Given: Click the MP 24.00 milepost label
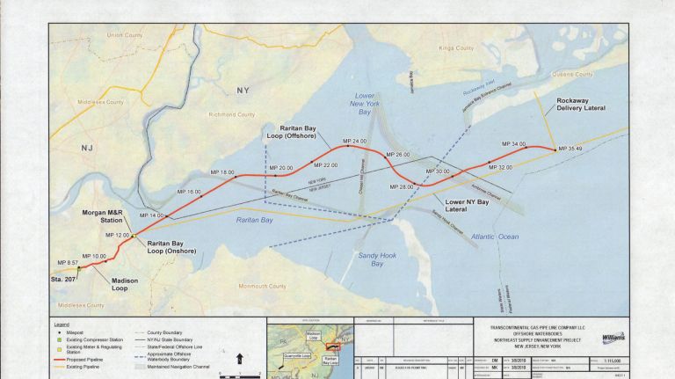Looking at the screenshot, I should point(354,142).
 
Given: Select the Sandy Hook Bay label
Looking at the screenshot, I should point(377,259).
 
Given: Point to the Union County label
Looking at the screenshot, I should point(124,35).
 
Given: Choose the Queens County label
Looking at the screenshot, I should point(571,75).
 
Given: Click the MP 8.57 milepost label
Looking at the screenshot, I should point(68,262).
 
